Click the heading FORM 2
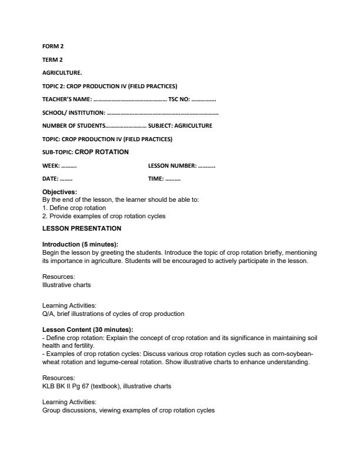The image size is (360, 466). point(52,46)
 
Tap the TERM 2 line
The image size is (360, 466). point(52,59)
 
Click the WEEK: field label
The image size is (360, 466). point(51,166)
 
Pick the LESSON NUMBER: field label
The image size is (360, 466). point(172,166)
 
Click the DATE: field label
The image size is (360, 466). point(50,179)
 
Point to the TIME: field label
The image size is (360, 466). point(156,179)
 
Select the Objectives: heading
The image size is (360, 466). point(59,192)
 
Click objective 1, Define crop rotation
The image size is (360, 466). point(74,208)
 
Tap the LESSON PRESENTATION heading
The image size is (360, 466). point(82,228)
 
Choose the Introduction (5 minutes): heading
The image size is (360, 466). point(80,244)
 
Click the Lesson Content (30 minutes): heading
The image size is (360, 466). point(88,329)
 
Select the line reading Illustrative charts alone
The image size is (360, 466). point(66,285)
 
